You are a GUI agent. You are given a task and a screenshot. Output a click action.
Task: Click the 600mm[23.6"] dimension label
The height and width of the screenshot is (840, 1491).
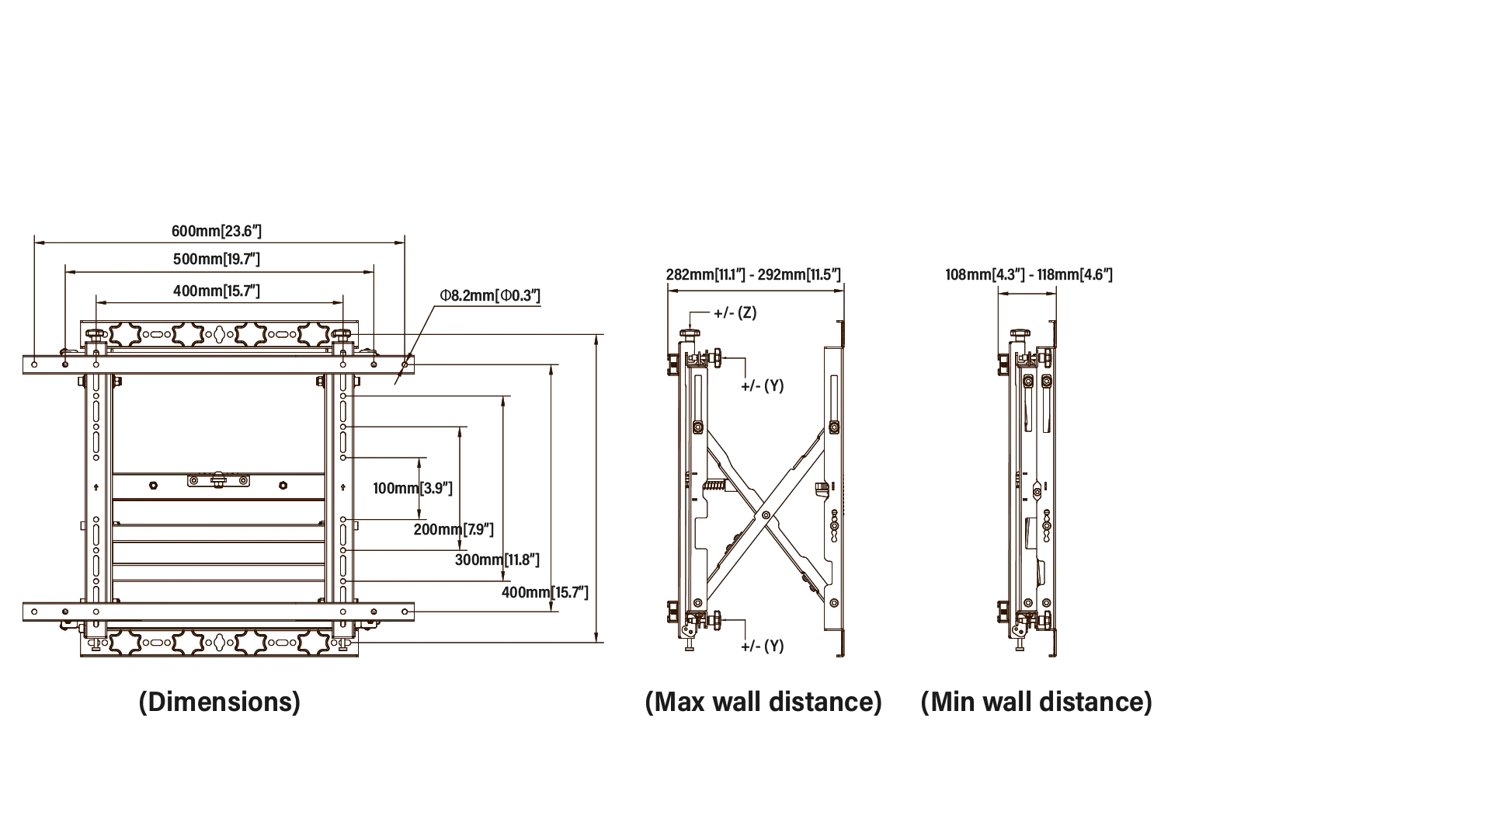pyautogui.click(x=217, y=231)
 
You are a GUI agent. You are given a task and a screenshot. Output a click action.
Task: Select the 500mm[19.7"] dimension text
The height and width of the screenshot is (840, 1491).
pyautogui.click(x=217, y=259)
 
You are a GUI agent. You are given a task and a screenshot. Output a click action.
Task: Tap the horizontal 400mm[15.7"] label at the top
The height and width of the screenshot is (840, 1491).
pyautogui.click(x=217, y=291)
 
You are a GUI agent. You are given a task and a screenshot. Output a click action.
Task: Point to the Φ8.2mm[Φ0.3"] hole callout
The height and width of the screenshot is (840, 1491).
pyautogui.click(x=490, y=295)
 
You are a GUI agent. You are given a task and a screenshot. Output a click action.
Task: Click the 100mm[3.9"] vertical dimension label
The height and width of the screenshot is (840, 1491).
pyautogui.click(x=412, y=488)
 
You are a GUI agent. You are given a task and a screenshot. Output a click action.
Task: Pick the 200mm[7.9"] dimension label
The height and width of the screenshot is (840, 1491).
pyautogui.click(x=454, y=529)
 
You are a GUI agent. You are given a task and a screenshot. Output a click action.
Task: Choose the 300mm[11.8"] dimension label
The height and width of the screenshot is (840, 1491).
pyautogui.click(x=497, y=559)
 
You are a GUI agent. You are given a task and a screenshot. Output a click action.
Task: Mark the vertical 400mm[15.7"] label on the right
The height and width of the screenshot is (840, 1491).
pyautogui.click(x=544, y=592)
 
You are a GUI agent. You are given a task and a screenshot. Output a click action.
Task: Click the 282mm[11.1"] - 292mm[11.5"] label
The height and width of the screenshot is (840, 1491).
pyautogui.click(x=753, y=274)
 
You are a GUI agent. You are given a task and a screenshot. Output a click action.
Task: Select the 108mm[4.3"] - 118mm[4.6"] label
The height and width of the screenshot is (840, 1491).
pyautogui.click(x=1029, y=274)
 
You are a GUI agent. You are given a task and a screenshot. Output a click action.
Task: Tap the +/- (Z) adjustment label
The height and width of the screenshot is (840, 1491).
pyautogui.click(x=735, y=313)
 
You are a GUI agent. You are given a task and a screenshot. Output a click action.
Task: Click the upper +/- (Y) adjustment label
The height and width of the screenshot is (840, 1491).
pyautogui.click(x=762, y=385)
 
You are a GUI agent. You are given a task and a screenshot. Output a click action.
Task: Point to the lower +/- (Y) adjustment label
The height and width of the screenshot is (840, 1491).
pyautogui.click(x=762, y=646)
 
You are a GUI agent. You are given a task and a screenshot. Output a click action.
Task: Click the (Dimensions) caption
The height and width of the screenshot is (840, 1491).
pyautogui.click(x=219, y=702)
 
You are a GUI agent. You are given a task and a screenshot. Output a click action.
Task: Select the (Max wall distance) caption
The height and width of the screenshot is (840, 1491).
pyautogui.click(x=763, y=702)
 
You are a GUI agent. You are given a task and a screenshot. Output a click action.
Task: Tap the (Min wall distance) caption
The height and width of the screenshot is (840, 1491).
pyautogui.click(x=1036, y=702)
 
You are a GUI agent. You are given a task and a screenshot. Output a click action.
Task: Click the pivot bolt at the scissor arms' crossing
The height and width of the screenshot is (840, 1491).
pyautogui.click(x=766, y=514)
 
